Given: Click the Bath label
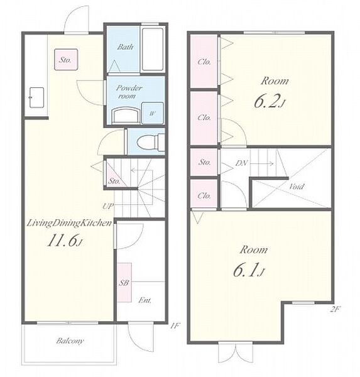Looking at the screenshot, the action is coord(125,46).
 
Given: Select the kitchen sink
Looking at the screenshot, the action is coord(36,97).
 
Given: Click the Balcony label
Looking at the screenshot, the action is coord(70,341).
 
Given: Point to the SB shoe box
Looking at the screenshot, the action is coord(124,283).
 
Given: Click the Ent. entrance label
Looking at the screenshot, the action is coord(145,300).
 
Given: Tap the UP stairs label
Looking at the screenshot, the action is coord(107,206).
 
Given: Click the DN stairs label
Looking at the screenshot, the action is coord(241,163).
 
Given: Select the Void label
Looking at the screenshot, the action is coord(297,187).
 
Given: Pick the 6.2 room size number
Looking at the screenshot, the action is coord(270,101).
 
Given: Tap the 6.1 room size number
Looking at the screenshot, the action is coord(249,270).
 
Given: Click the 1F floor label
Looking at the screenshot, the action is coord(175,325).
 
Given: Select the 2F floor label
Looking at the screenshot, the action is coord(334,309).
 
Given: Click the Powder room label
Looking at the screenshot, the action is coord(129,92).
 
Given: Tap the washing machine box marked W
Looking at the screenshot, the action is coord(153,113).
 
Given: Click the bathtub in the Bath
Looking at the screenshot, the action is coord(153,50).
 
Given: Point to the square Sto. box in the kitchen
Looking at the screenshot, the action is coord(66,60).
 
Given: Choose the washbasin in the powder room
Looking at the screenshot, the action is coord(126,116).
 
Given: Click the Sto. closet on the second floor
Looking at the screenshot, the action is coord(204,162).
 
